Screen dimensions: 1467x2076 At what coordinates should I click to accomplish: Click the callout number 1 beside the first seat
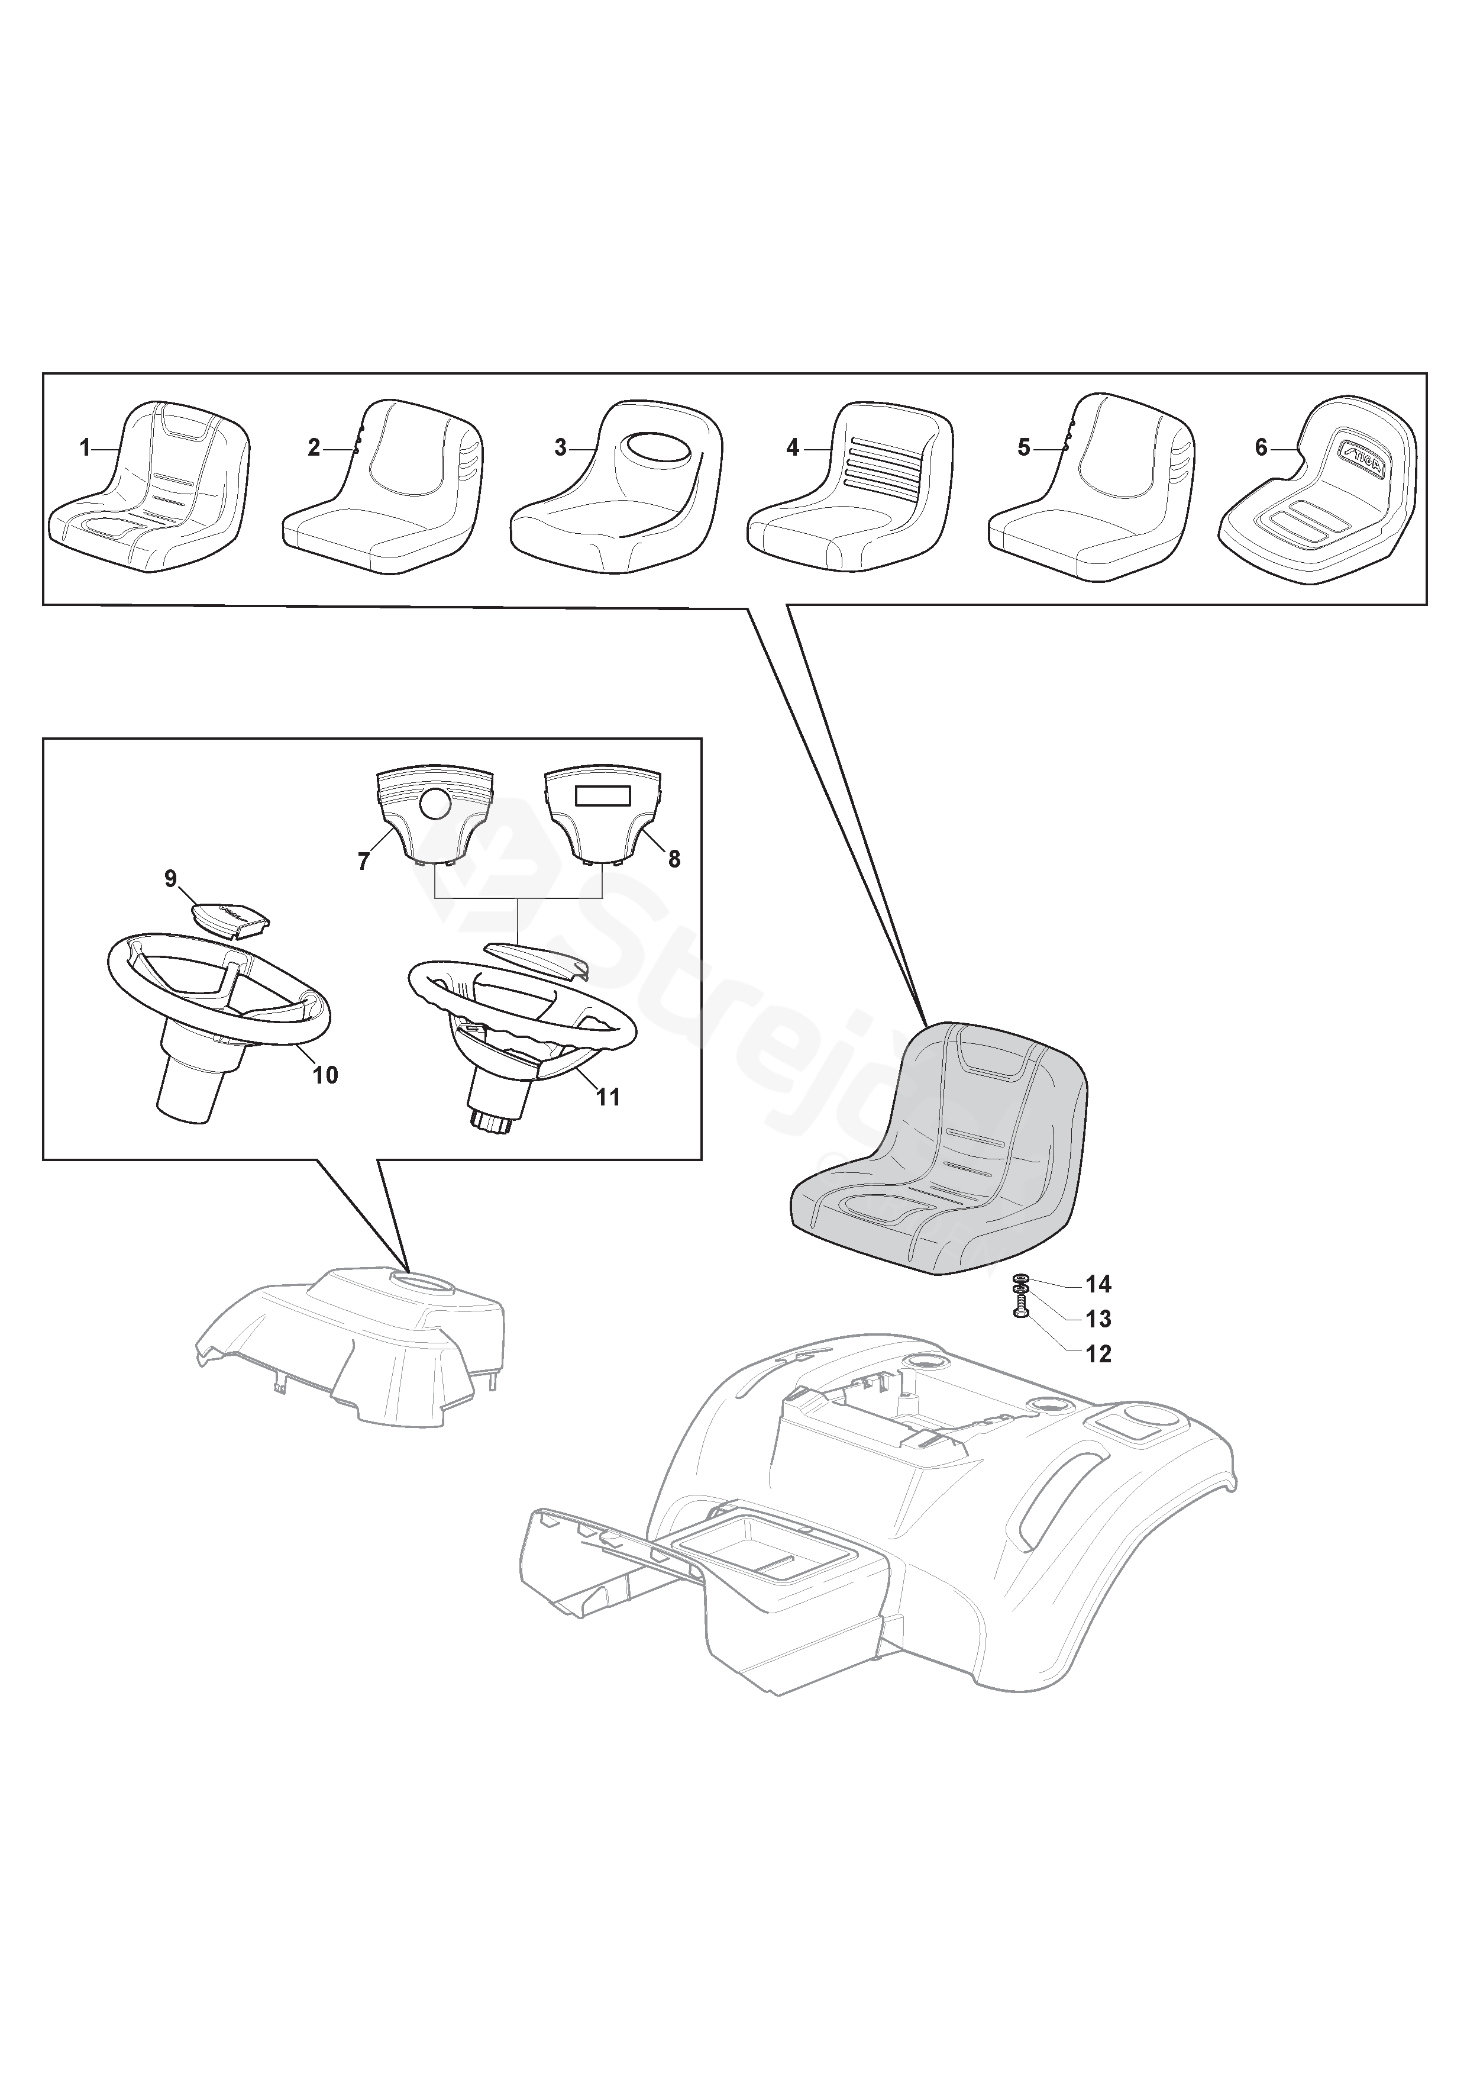click(85, 447)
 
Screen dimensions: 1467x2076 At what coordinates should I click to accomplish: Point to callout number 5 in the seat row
click(1023, 447)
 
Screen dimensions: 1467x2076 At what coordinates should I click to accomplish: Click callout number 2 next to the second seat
click(314, 447)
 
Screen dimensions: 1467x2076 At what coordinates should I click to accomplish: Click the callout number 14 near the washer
click(1098, 1284)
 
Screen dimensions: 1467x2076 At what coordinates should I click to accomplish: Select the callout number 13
click(1098, 1319)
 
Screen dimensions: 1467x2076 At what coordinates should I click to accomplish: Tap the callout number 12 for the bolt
click(1098, 1353)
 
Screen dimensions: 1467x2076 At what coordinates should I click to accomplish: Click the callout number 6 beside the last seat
click(1262, 447)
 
